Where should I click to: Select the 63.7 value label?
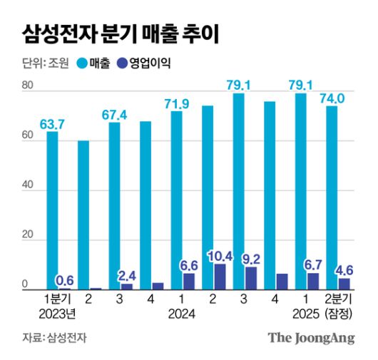coord(51,124)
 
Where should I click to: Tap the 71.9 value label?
coord(176,104)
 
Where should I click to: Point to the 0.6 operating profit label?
coord(66,279)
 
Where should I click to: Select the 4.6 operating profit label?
coord(345,269)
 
